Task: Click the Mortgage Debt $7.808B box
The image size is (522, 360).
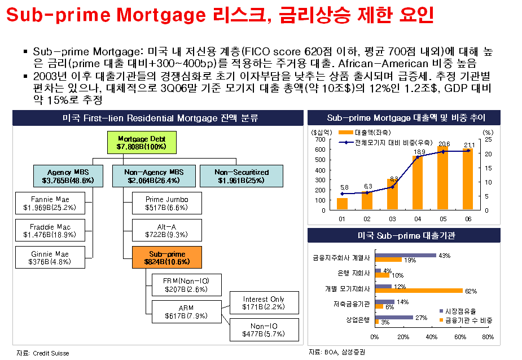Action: tap(142, 143)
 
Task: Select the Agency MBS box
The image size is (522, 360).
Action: tap(68, 176)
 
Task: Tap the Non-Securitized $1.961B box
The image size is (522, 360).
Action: tap(242, 176)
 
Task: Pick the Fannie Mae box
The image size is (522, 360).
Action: tap(50, 203)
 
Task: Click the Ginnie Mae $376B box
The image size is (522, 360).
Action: tap(50, 257)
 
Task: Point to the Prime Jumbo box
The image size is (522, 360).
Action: tap(167, 203)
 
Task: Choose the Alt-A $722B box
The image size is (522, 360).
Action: tap(167, 230)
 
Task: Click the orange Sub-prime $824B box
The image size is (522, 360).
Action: tap(167, 257)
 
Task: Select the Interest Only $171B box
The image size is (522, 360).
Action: tap(264, 302)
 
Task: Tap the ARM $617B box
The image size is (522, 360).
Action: tap(186, 311)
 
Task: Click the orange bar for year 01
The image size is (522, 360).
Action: tap(342, 204)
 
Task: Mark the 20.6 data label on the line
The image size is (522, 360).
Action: tap(444, 144)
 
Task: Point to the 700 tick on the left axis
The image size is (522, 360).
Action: tap(321, 139)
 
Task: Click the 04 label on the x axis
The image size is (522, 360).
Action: tap(418, 219)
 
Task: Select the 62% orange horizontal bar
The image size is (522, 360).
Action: tap(419, 291)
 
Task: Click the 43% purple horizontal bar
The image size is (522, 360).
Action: tap(406, 256)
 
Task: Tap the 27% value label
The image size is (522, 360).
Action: tap(422, 318)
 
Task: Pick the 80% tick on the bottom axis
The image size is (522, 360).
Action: tap(488, 337)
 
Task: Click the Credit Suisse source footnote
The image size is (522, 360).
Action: tap(43, 353)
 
